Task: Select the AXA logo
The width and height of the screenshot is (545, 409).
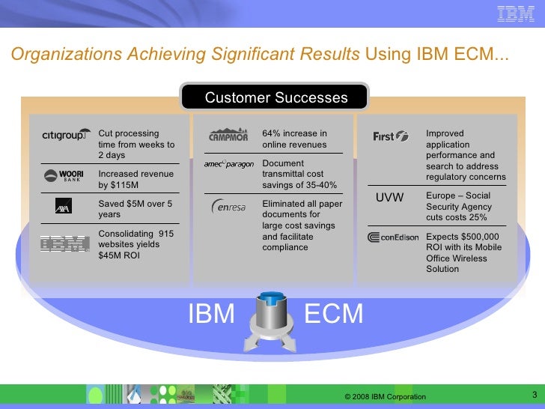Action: coord(63,206)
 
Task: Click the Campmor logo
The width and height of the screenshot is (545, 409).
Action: coord(229,135)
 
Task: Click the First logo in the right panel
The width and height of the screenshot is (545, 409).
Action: coord(391,136)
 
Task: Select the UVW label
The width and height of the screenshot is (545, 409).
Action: coord(389,198)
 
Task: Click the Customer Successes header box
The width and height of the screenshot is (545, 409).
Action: coord(276,98)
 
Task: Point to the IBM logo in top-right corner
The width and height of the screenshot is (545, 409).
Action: coord(516,13)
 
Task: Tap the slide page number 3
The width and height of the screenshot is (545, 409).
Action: coord(534,395)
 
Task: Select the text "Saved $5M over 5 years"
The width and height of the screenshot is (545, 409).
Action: coord(136,208)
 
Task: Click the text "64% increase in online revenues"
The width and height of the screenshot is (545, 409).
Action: coord(294,139)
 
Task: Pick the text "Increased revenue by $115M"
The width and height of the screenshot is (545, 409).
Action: coord(136,179)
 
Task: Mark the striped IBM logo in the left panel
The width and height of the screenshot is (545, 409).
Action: coord(64,243)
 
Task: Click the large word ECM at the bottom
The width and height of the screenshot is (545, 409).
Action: coord(334,314)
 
